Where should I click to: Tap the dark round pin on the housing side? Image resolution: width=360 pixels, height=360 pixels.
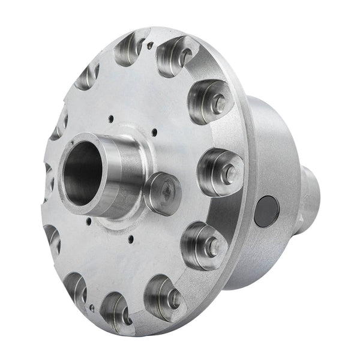(265, 211)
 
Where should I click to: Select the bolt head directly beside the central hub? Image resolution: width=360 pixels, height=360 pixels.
(162, 193)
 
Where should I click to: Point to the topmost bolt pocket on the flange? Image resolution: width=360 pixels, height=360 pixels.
(130, 49)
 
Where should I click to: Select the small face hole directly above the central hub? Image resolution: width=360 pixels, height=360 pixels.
(112, 118)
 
